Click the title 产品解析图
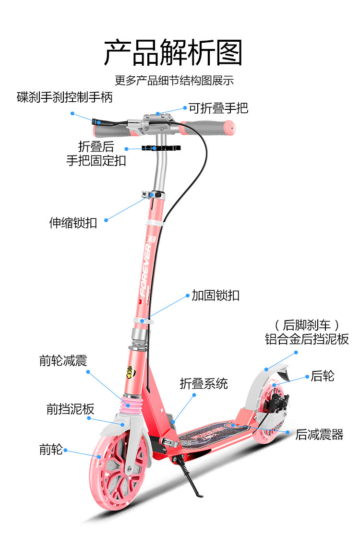[173, 52]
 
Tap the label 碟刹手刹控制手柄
[64, 97]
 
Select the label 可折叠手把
[218, 108]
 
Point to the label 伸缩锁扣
[73, 223]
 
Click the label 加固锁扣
[216, 295]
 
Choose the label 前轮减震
[63, 361]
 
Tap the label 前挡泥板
[70, 409]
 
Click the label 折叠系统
[204, 383]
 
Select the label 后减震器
[319, 435]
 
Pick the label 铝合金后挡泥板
[307, 339]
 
